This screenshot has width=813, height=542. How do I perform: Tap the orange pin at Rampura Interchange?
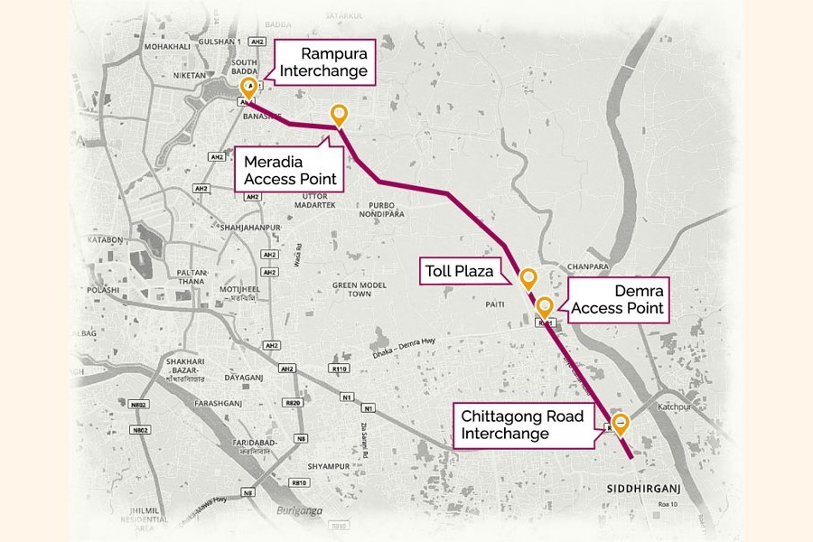click(x=248, y=88)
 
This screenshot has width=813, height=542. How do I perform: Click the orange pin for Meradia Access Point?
click(x=339, y=115)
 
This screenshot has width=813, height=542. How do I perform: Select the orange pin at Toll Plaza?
click(x=528, y=277)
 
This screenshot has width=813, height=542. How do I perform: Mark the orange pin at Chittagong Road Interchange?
click(x=621, y=422)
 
